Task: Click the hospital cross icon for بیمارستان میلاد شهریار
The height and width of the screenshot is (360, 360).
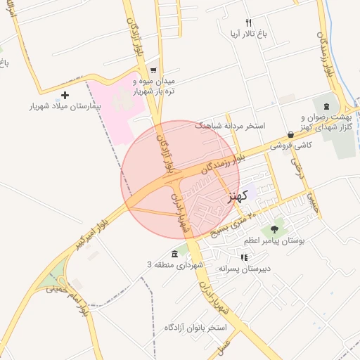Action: click(65, 95)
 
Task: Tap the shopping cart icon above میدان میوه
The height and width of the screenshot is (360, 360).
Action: click(153, 60)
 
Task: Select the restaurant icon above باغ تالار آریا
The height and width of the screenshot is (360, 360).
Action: click(248, 23)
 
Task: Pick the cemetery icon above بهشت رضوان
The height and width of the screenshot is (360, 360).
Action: click(325, 105)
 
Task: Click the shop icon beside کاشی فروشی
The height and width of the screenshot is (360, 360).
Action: click(291, 134)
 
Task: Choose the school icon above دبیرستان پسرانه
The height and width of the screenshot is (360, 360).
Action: click(244, 257)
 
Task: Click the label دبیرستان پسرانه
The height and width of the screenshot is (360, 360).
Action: click(244, 269)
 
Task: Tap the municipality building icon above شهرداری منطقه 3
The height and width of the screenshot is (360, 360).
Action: click(174, 253)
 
